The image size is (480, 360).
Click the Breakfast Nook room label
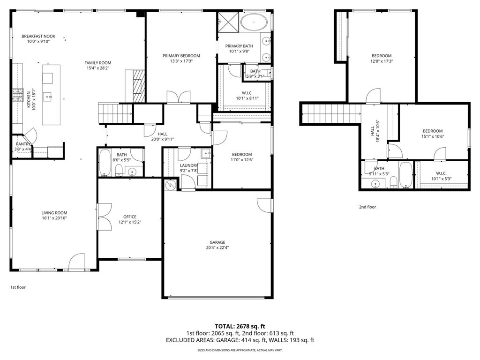tap(38, 36)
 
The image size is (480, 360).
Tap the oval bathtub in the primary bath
tap(254, 22)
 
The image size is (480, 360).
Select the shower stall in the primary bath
tap(228, 22)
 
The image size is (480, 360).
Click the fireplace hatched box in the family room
tap(139, 86)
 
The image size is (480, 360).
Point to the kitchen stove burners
tap(18, 95)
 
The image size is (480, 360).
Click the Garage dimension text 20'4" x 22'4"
tap(217, 247)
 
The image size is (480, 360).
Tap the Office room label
tap(130, 217)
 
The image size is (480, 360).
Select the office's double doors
tap(105, 217)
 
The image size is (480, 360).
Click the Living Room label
tap(54, 213)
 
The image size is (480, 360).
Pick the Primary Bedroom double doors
tap(179, 97)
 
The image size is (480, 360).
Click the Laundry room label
tap(189, 165)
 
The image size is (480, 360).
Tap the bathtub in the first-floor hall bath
tap(105, 163)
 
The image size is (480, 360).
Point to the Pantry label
tap(23, 144)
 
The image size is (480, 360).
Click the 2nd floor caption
tap(367, 207)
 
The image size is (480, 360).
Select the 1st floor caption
tap(18, 287)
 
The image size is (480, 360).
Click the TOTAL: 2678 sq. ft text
tap(240, 326)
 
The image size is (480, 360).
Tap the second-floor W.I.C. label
tap(441, 173)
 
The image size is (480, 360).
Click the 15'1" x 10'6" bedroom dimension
tap(433, 136)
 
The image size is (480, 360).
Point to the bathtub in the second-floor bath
tap(405, 174)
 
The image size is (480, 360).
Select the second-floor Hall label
tap(373, 131)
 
